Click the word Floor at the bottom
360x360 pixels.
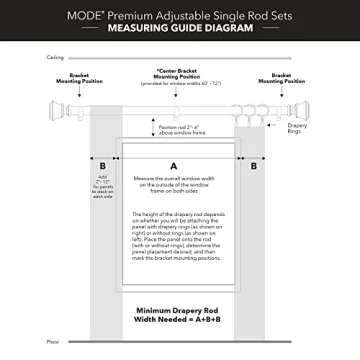click(52, 342)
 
